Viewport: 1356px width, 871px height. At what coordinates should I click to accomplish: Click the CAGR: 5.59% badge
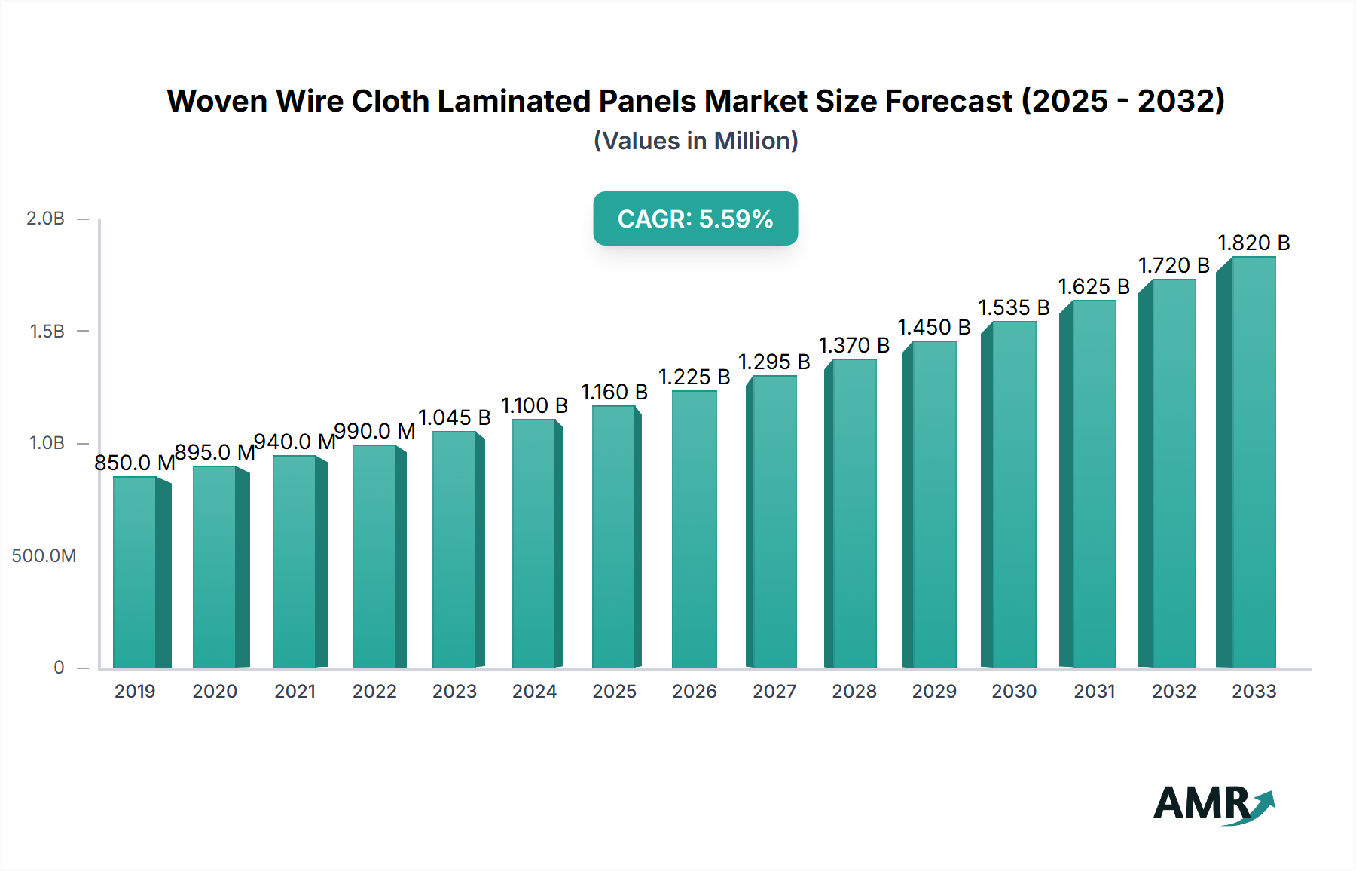(x=695, y=219)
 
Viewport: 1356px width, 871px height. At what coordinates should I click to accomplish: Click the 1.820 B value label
(x=1254, y=243)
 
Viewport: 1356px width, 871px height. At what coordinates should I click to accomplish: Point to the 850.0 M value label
(x=134, y=463)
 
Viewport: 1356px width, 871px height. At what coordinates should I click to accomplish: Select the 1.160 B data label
(x=614, y=392)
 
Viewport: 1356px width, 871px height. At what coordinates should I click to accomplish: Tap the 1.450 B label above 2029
(x=933, y=327)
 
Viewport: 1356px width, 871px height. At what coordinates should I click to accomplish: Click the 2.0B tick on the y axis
(x=45, y=219)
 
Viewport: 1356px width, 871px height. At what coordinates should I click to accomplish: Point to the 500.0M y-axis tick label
(x=44, y=556)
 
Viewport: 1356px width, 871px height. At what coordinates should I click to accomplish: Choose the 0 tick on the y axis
(x=59, y=668)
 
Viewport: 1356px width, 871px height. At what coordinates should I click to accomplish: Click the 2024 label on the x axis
(x=534, y=691)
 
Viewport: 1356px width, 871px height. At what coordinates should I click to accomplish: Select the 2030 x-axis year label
(x=1014, y=691)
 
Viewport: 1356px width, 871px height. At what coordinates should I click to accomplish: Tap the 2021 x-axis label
(x=295, y=691)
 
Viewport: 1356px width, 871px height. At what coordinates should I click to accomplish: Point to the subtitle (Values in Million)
(x=695, y=141)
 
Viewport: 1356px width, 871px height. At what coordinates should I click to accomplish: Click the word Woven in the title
(x=216, y=101)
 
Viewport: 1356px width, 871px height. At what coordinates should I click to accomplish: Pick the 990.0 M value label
(x=374, y=431)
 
